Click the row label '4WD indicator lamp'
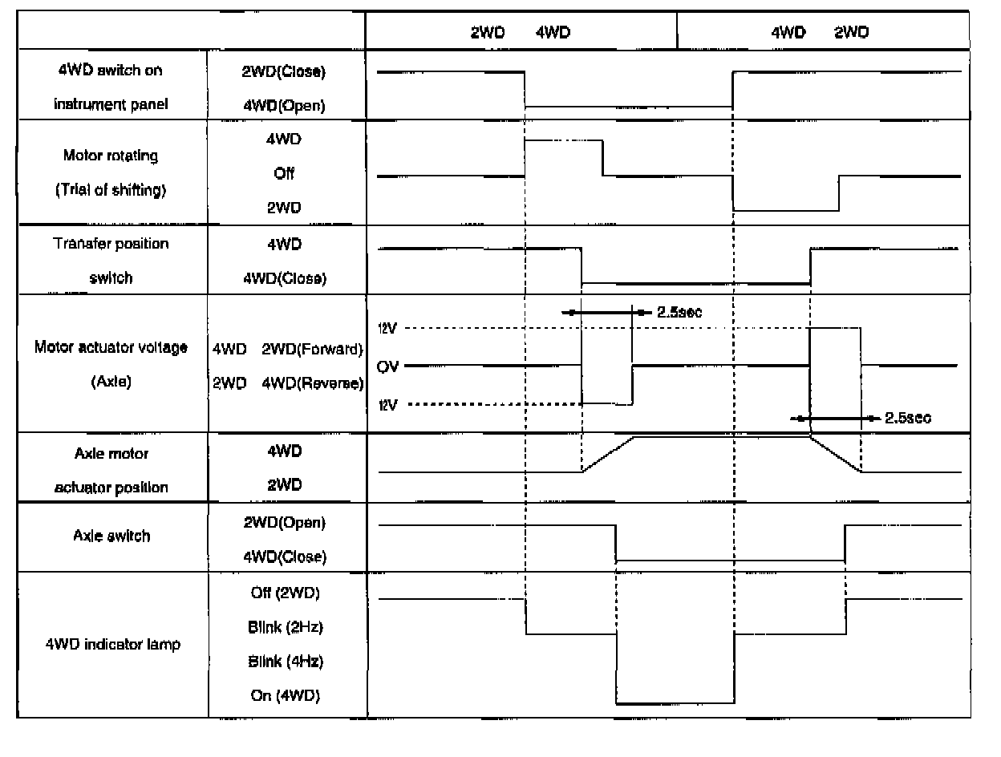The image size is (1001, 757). [113, 646]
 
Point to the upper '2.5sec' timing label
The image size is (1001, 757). [679, 312]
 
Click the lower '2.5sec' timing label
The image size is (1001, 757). [907, 418]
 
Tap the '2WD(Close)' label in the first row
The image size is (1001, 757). [278, 71]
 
